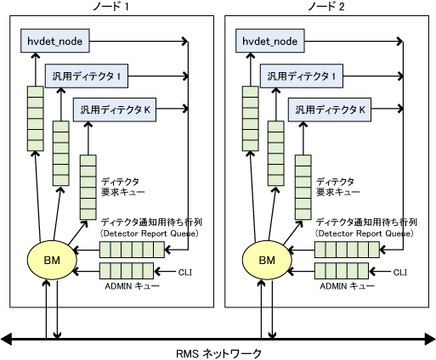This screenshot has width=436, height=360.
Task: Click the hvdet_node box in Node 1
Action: pos(55,41)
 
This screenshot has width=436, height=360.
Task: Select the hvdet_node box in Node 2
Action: pos(270,41)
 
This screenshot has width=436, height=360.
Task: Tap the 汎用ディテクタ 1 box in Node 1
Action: pos(87,76)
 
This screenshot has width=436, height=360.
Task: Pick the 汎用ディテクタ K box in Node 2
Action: pos(330,110)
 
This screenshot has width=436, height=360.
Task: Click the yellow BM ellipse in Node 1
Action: pos(52,260)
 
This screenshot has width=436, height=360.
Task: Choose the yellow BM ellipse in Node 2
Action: pos(267,260)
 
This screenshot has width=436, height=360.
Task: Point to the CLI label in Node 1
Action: pos(185,273)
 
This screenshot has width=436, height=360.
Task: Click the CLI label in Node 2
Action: pos(400,273)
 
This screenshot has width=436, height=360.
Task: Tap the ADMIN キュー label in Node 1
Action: pos(133,286)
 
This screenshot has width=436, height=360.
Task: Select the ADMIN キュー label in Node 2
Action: pos(348,286)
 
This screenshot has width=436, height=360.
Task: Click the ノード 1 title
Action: pos(110,7)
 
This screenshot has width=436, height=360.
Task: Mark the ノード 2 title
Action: pos(326,7)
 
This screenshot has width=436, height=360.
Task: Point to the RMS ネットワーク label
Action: pos(218,354)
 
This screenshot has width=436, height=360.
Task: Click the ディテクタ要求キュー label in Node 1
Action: pos(123,187)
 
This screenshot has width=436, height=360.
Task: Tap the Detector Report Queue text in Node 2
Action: pos(365,233)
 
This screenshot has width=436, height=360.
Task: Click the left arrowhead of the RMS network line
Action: pos(6,339)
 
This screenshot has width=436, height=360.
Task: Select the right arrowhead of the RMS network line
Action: pos(430,339)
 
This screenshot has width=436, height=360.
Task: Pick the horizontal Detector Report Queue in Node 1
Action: pos(132,250)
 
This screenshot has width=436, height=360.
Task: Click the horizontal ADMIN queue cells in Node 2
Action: pos(342,271)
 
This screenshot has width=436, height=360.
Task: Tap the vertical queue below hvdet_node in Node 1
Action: pos(36,118)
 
